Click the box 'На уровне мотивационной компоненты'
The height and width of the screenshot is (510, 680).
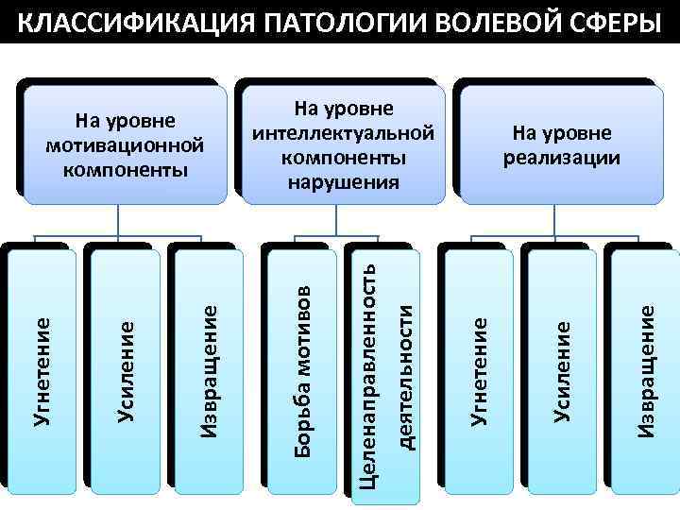click(126, 144)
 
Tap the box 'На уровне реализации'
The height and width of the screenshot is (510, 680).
click(562, 144)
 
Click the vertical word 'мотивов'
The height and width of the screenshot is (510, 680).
click(302, 330)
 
